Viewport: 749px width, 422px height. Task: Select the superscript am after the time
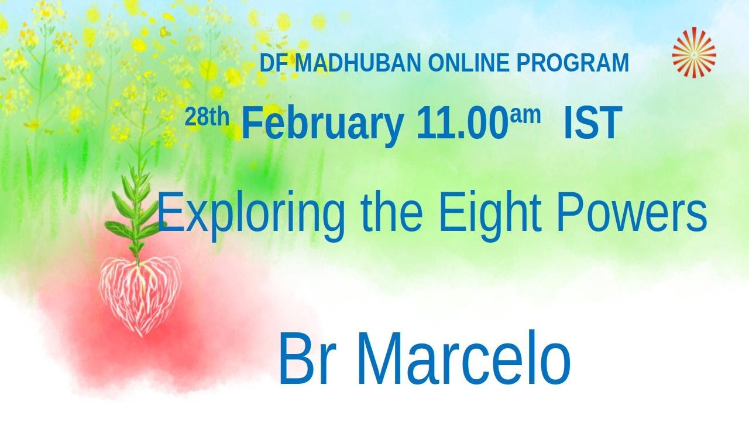tap(525, 116)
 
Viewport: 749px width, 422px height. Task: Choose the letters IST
tap(592, 124)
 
